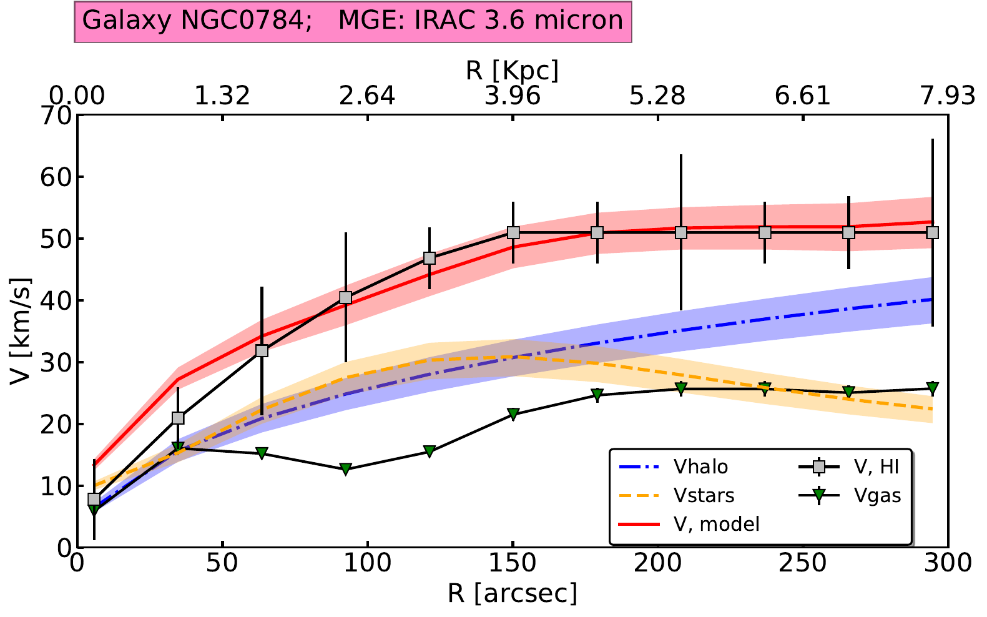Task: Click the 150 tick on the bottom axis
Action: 513,563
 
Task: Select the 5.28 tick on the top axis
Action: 657,96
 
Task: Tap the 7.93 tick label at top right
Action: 947,96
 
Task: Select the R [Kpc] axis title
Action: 513,71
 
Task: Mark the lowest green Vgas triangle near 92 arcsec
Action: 346,469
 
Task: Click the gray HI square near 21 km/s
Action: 178,418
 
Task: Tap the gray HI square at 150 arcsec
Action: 513,232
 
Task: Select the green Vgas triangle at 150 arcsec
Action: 513,413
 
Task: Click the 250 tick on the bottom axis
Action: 803,563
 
